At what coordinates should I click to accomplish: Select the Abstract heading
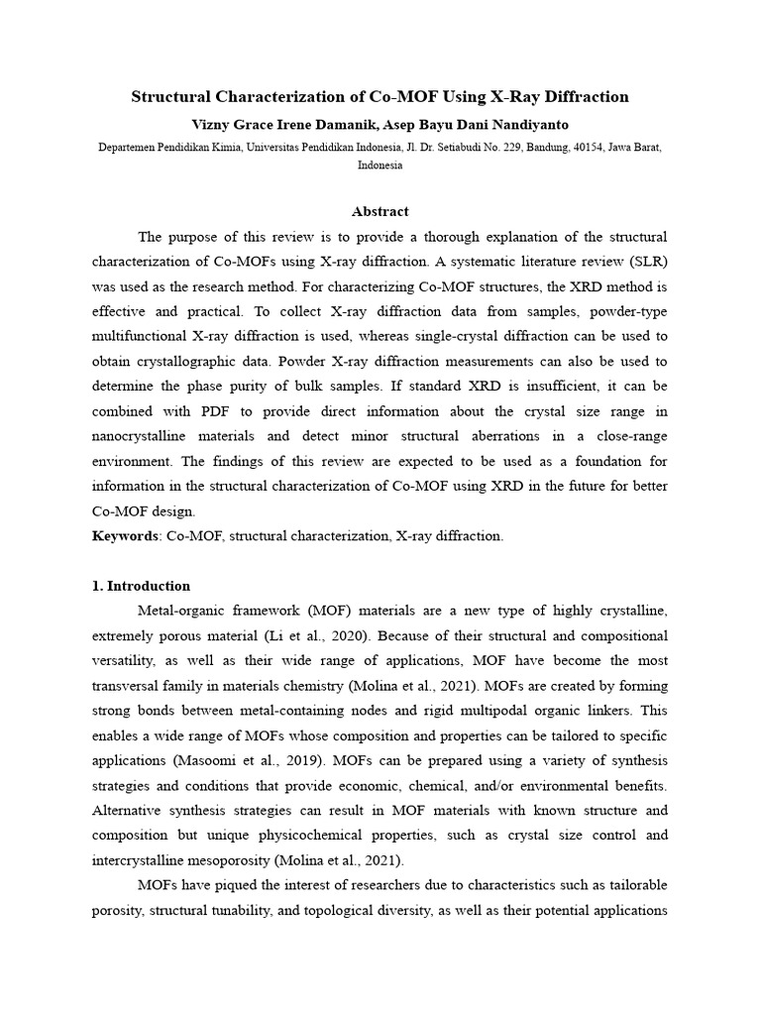click(380, 211)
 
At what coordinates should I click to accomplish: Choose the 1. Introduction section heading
click(141, 586)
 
